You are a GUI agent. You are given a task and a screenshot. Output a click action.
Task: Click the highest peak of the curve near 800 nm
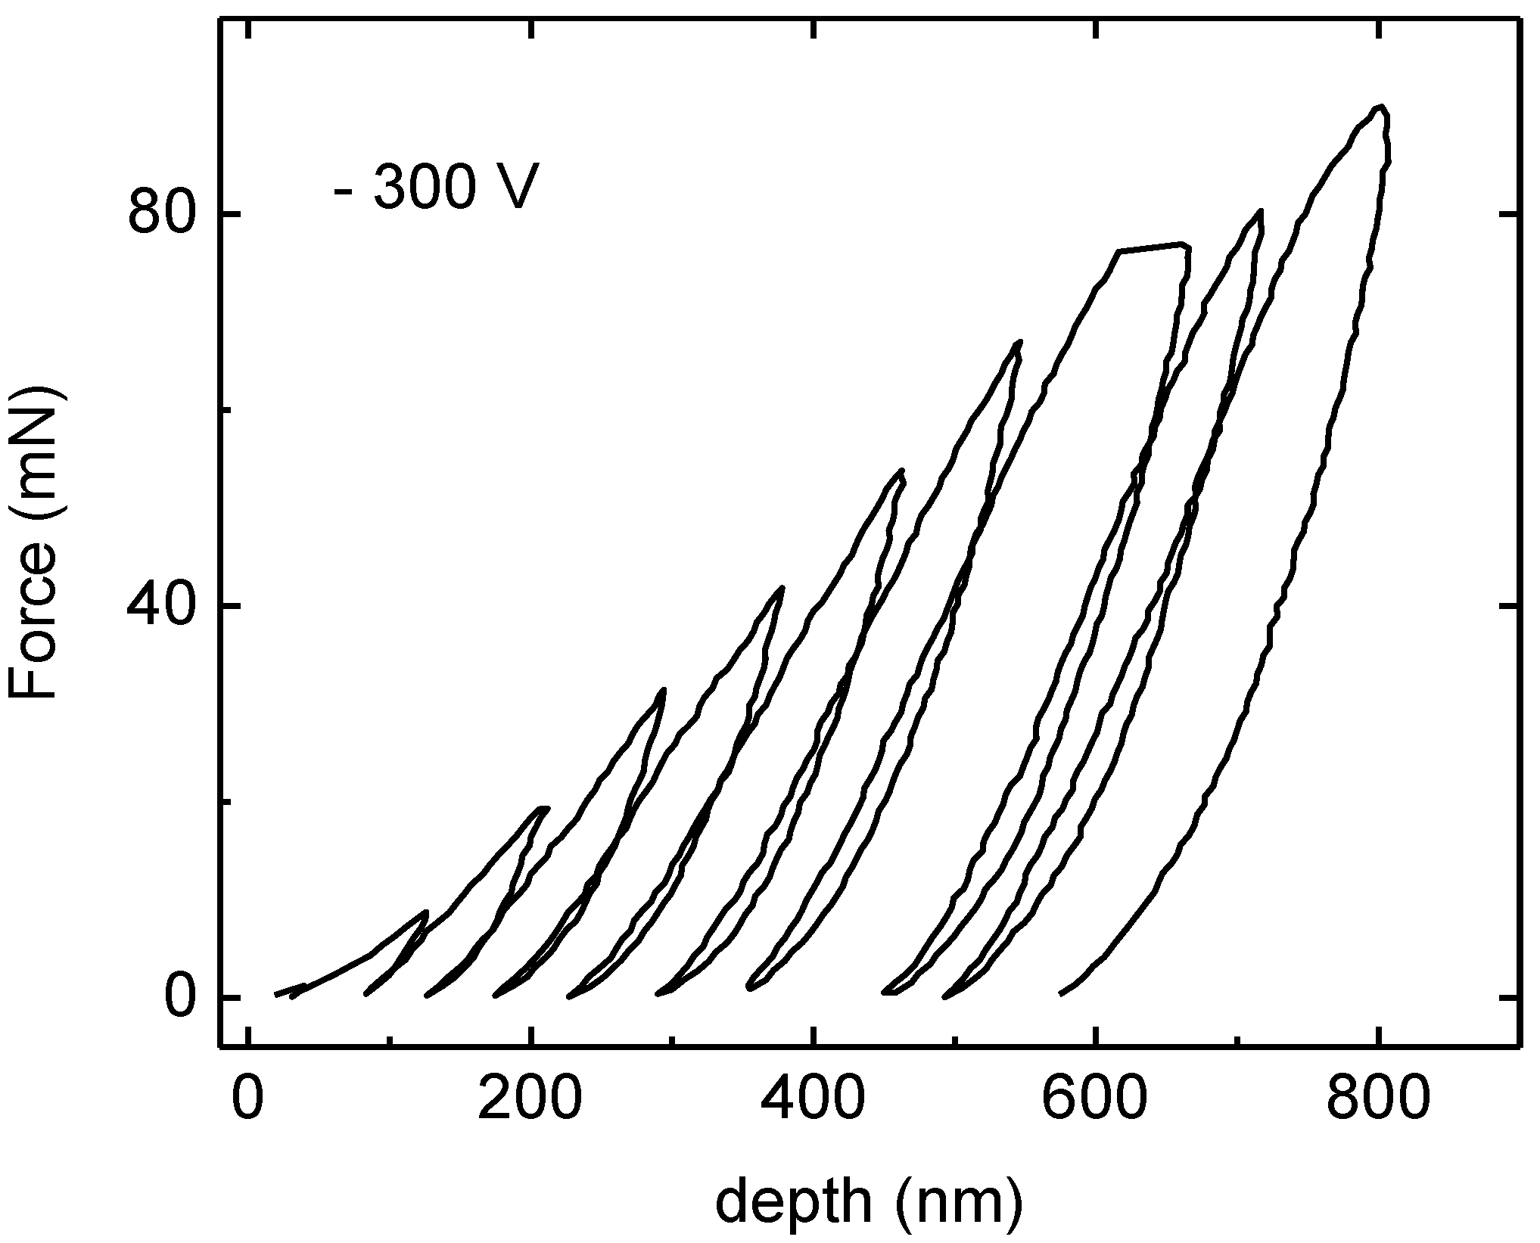(1381, 128)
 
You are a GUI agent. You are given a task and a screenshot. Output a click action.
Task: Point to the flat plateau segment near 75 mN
(1152, 247)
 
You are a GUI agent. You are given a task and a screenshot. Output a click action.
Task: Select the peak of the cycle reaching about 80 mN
(1261, 211)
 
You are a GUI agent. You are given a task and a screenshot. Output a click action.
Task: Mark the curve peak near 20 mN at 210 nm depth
(543, 808)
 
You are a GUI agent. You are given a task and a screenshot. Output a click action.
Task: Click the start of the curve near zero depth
(277, 994)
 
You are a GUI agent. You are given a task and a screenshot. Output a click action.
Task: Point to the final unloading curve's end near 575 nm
(1061, 993)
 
